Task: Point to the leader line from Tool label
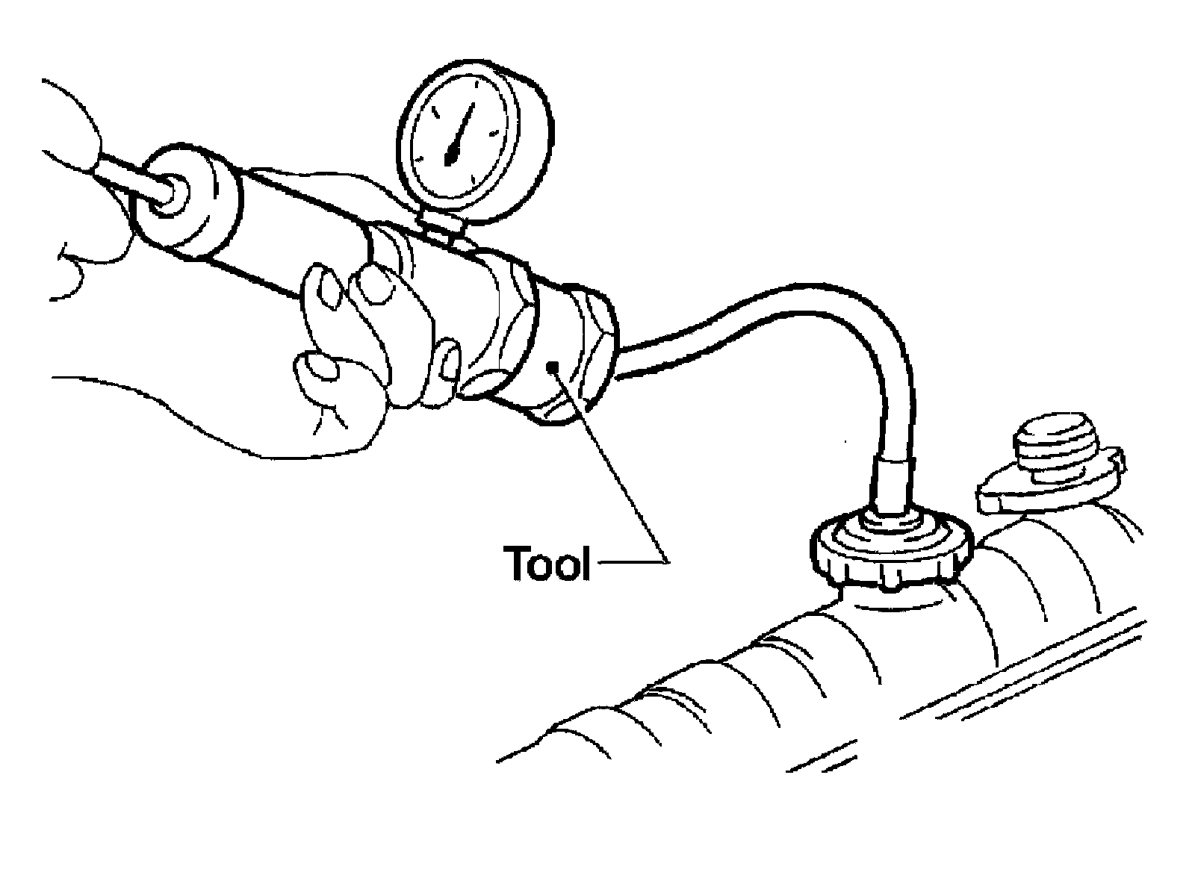click(x=620, y=478)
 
